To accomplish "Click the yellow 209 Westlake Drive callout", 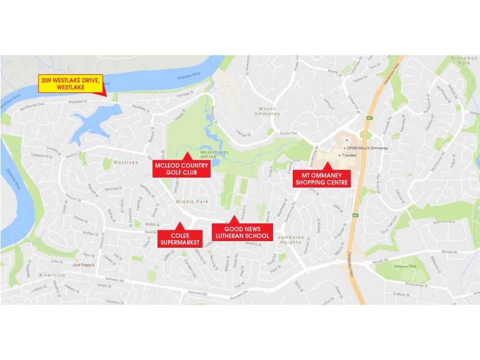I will [x=71, y=83].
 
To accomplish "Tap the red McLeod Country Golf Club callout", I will [x=182, y=169].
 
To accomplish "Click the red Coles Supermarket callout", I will [x=178, y=238].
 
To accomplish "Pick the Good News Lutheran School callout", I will [x=242, y=232].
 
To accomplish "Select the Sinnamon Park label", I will [x=463, y=60].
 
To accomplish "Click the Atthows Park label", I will [x=404, y=266].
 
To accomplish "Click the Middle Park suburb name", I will [x=193, y=202].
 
